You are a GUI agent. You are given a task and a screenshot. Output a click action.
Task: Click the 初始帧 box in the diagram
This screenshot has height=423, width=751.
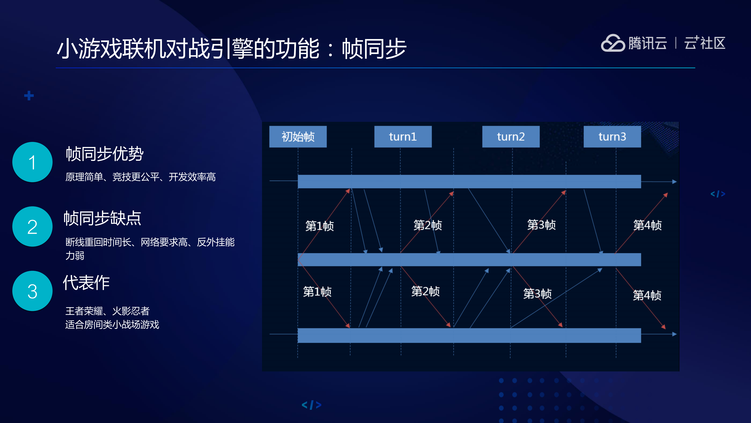(x=298, y=137)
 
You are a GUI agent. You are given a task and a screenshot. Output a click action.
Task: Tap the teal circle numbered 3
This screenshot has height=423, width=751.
(x=32, y=291)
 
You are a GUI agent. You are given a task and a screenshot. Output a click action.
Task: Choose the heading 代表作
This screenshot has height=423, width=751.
(x=86, y=283)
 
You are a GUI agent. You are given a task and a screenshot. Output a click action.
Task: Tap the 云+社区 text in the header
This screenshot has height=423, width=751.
(x=704, y=43)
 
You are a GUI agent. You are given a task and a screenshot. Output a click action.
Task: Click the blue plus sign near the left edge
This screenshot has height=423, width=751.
(x=29, y=96)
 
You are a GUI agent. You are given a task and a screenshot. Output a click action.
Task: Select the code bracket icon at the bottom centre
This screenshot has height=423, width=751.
(x=311, y=405)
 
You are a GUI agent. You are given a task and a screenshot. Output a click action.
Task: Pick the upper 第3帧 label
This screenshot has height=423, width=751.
(x=541, y=225)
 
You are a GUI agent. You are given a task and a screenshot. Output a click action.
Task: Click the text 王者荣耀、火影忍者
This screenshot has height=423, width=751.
(x=107, y=311)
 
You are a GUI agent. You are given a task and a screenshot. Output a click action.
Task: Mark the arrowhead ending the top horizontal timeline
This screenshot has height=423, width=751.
(x=674, y=182)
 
